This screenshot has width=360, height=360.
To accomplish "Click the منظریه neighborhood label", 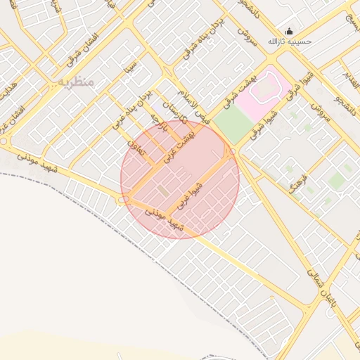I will click(x=75, y=82).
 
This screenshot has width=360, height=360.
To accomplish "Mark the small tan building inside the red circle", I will click(x=162, y=191).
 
